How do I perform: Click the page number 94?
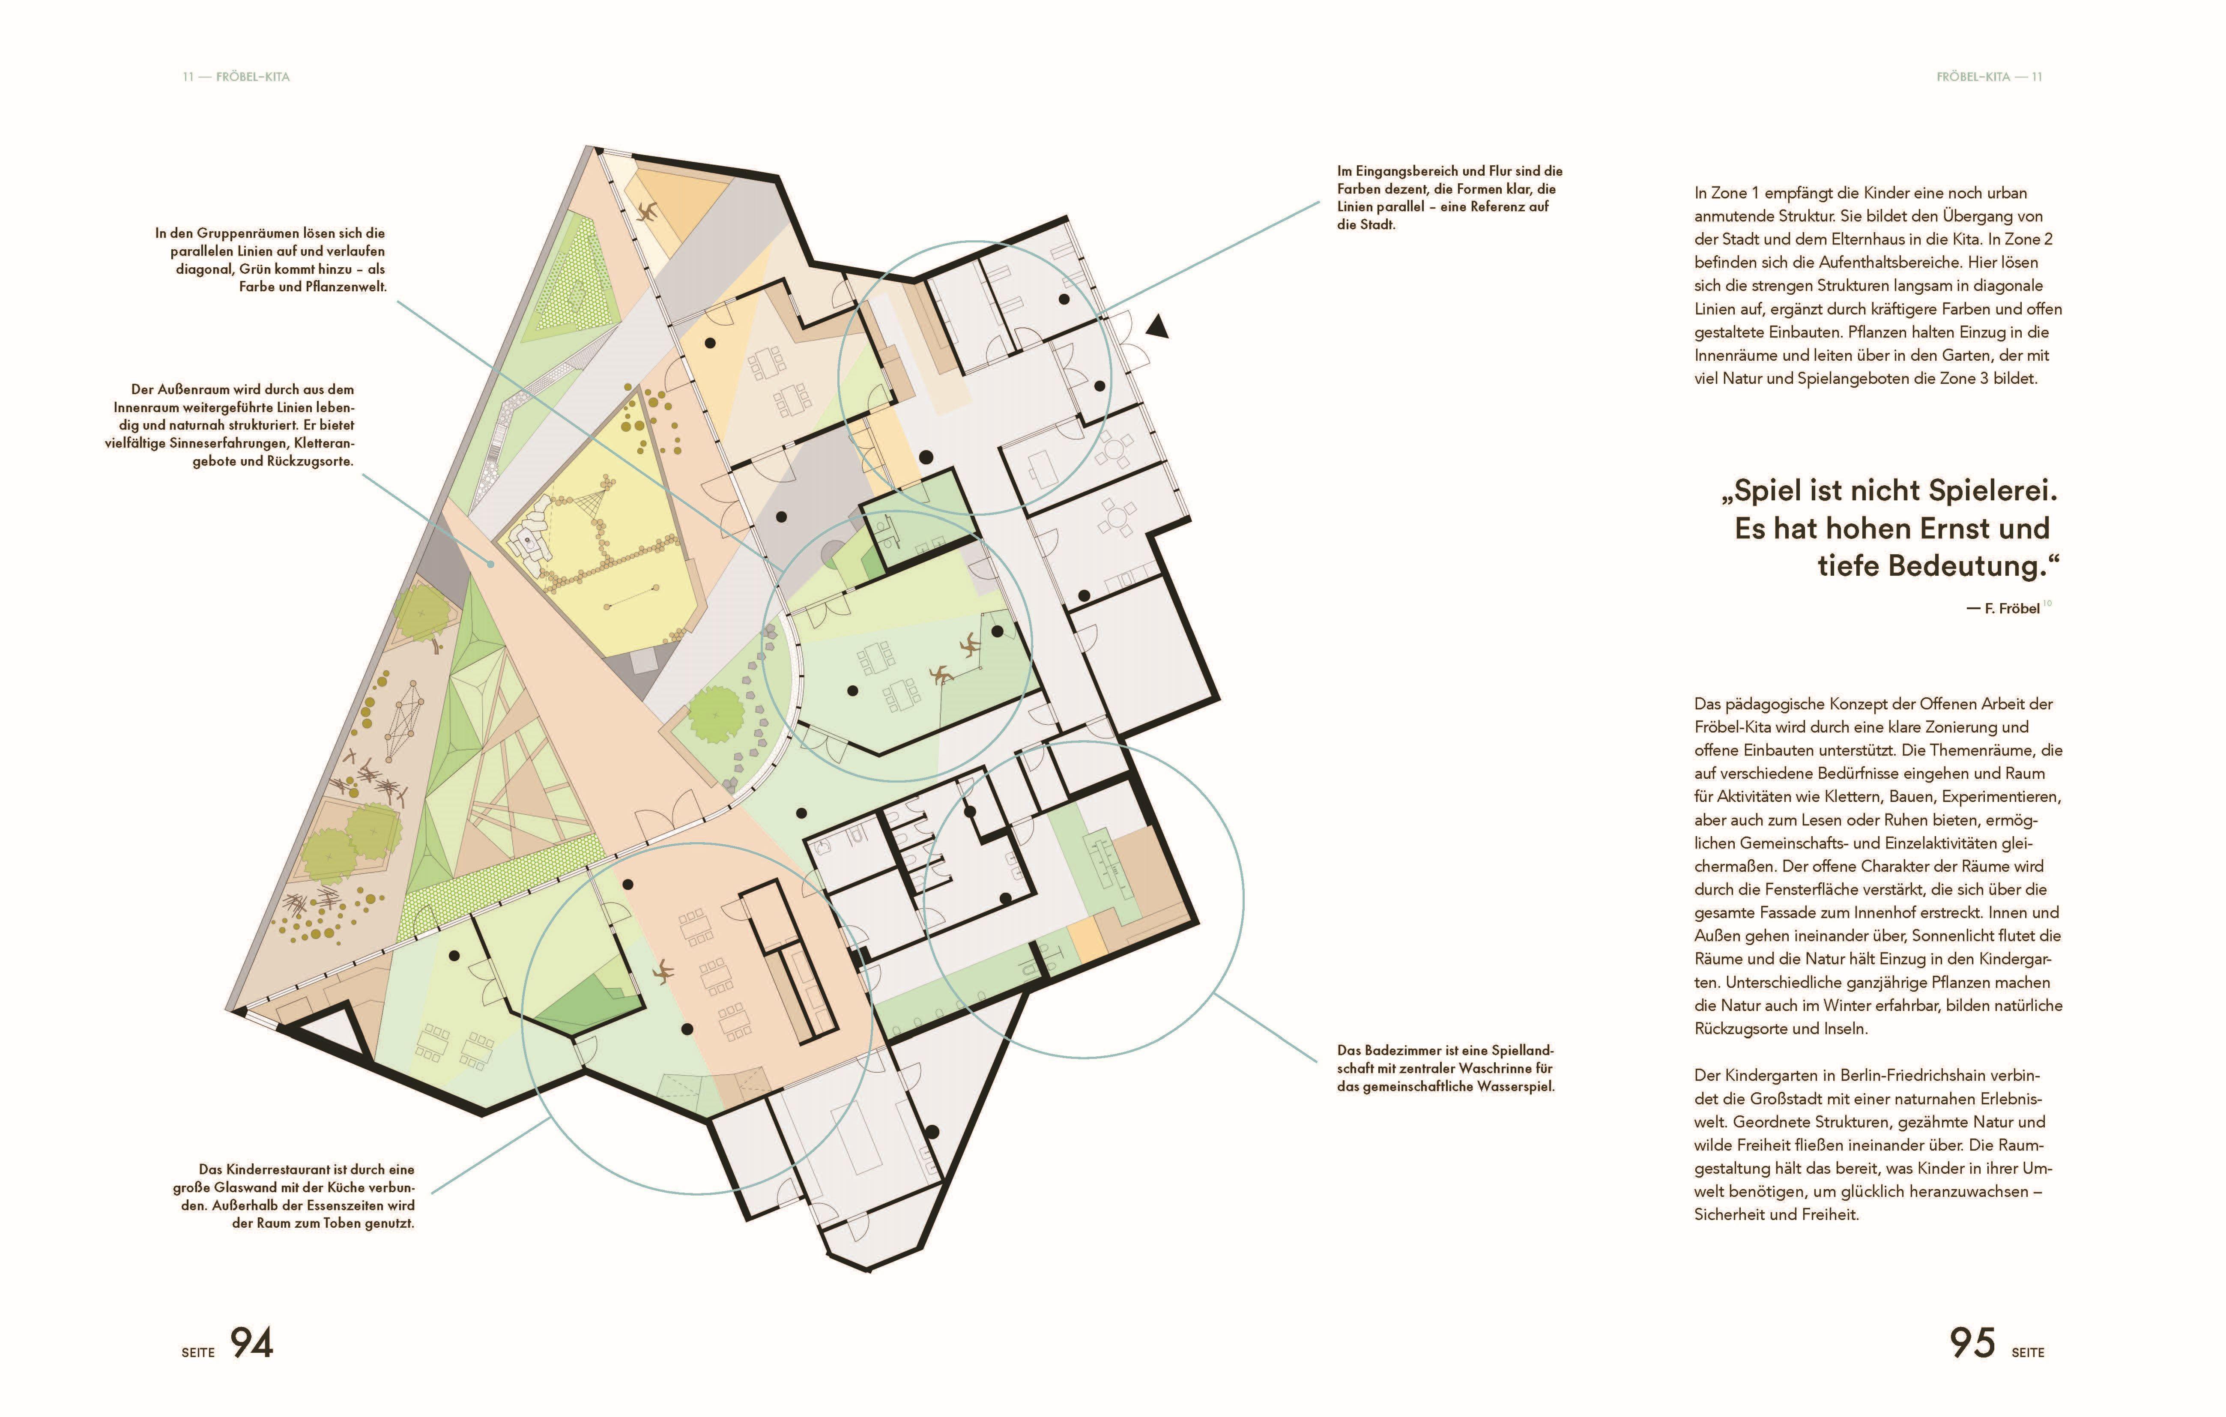coord(251,1343)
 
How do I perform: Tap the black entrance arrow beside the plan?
coord(1157,326)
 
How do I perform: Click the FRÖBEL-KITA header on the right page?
coord(1973,77)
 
